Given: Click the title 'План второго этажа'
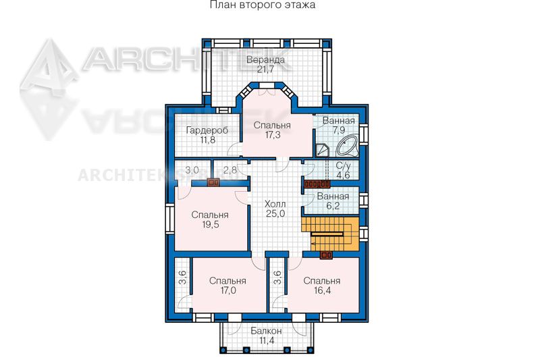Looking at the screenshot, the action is click(x=263, y=5).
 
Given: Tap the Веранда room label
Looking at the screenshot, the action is click(x=265, y=60).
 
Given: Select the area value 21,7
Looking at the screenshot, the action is click(x=265, y=70).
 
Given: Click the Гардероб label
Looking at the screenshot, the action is click(x=207, y=130).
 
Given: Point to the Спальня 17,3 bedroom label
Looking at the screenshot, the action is click(x=272, y=130).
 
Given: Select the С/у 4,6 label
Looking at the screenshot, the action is click(x=343, y=170).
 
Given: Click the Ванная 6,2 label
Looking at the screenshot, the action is click(x=333, y=201).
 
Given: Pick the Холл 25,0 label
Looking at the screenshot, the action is click(x=275, y=209).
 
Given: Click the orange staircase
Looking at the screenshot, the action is click(x=330, y=234).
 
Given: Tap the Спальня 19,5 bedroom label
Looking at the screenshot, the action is click(x=210, y=220).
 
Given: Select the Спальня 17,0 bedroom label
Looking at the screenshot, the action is click(x=227, y=286).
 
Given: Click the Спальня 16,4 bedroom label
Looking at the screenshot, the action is click(x=322, y=286).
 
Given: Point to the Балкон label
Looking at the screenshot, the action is click(x=266, y=331).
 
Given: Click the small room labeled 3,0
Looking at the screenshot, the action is click(x=192, y=170).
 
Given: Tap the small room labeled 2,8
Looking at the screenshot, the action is click(x=230, y=170).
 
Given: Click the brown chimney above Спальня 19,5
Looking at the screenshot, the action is click(x=213, y=182).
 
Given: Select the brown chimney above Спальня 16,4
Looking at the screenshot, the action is click(x=326, y=255).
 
